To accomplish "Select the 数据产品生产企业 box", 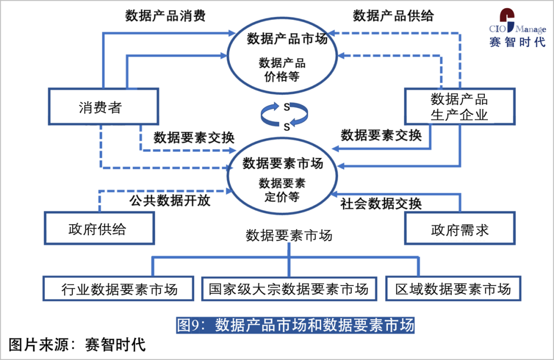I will pos(459,107).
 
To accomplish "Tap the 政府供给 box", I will pos(100,228).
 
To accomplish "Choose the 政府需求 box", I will pos(460,228).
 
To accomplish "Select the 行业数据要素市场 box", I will pos(119,288).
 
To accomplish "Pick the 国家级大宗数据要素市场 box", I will pos(288,288).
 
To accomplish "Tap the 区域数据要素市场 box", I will pos(453,288).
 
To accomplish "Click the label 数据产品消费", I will pos(165,15).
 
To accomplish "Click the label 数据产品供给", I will pos(393,15).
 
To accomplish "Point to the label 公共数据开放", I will pos(170,200).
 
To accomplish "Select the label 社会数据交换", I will pos(381,204).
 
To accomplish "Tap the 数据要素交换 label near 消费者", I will pos(194,137).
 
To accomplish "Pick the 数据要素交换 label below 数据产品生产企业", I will pos(381,135).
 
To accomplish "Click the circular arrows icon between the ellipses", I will pos(283,115).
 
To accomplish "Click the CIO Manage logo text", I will pos(517,28).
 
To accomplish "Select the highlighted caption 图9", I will pos(295,325).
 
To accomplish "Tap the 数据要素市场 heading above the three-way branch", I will pos(289,235).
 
